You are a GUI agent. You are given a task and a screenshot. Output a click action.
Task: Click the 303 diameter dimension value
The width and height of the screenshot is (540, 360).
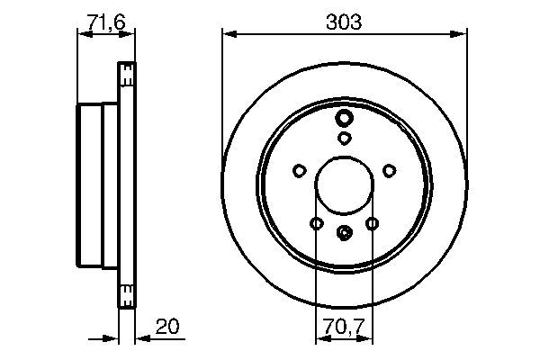344,22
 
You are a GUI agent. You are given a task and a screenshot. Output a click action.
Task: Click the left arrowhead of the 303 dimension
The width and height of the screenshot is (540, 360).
227,34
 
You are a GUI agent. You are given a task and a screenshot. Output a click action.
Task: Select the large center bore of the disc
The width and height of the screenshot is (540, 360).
344,185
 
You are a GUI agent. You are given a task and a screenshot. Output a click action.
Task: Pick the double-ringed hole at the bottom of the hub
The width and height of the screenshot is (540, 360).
344,233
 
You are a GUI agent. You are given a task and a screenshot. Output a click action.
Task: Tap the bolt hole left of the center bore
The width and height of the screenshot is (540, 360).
299,170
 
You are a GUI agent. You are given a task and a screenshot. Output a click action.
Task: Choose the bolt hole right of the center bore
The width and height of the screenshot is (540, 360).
389,170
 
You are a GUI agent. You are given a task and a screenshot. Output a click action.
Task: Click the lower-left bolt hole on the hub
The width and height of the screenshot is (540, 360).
316,223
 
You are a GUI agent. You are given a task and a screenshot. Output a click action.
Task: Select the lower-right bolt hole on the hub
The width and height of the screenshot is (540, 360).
372,223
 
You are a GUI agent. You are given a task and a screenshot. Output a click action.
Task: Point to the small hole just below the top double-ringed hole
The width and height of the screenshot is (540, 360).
344,138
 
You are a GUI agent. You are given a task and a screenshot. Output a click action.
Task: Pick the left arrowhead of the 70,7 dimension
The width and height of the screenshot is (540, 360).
319,340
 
